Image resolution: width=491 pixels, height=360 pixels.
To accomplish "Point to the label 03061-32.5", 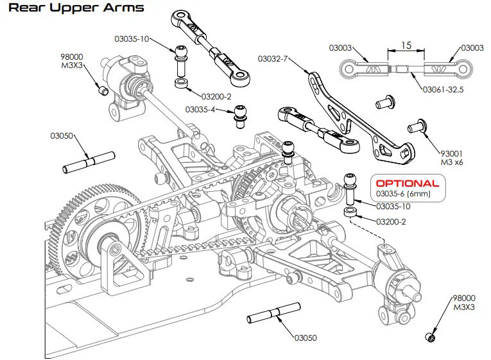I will point(443,90).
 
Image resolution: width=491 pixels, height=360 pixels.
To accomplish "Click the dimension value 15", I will point(406,46).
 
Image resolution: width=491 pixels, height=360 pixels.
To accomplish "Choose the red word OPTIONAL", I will point(408,183).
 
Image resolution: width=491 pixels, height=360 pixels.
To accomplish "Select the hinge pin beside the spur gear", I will point(89,162).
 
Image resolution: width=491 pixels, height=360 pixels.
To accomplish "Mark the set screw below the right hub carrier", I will point(431,337).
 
